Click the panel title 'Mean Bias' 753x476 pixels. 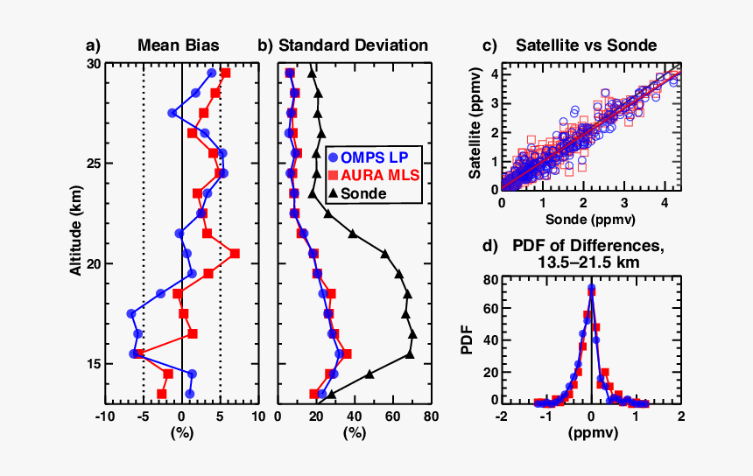pyautogui.click(x=179, y=45)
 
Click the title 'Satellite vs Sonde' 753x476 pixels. pyautogui.click(x=587, y=45)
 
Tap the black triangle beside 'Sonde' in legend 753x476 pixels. pyautogui.click(x=334, y=193)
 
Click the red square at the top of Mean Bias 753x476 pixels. pyautogui.click(x=225, y=73)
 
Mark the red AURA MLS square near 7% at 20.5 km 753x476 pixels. pyautogui.click(x=235, y=254)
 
